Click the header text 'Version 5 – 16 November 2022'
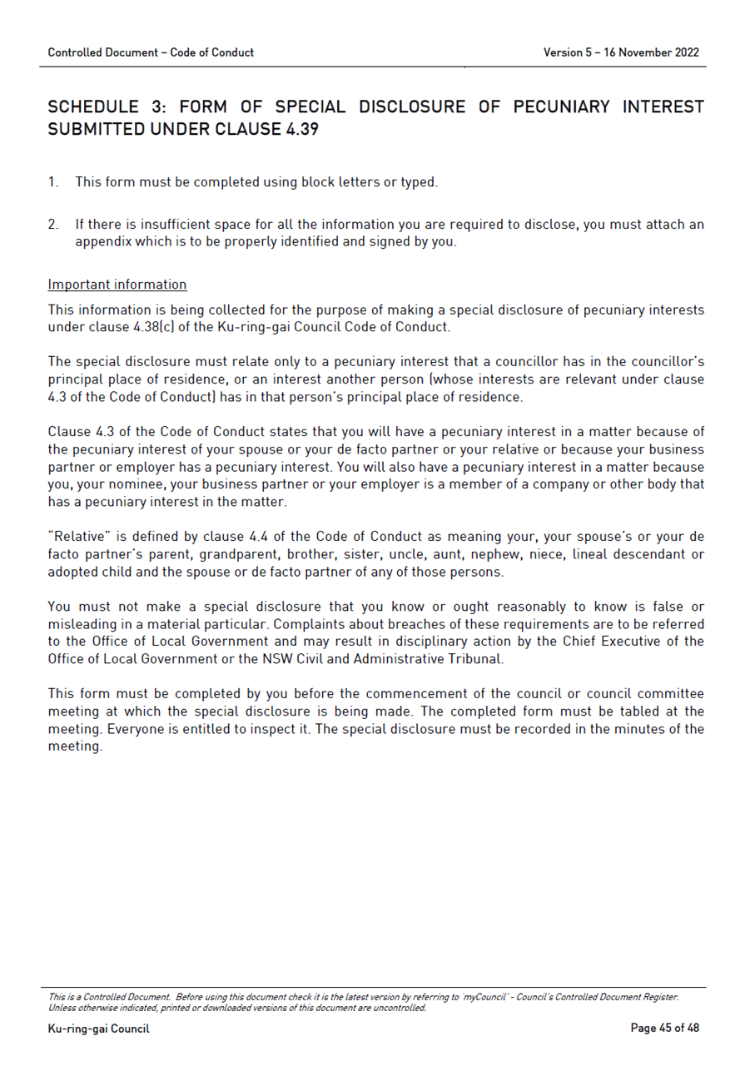(x=621, y=52)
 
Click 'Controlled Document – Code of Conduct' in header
(x=151, y=52)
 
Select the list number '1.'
(x=53, y=181)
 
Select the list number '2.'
(x=53, y=225)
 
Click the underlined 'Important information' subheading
(x=117, y=285)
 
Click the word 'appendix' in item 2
(x=101, y=242)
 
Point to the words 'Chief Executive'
(x=610, y=642)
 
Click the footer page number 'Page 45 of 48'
(x=664, y=1029)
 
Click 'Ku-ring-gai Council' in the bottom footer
(x=98, y=1029)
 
